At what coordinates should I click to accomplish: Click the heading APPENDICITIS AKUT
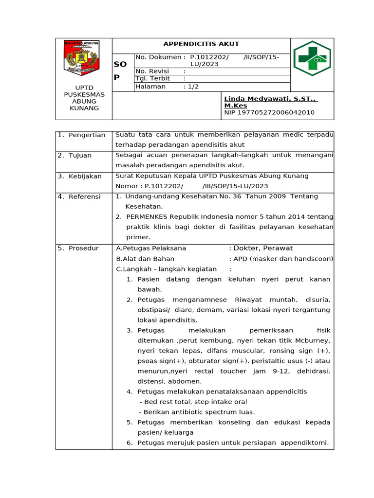pyautogui.click(x=201, y=44)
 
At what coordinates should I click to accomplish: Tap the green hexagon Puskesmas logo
pyautogui.click(x=312, y=58)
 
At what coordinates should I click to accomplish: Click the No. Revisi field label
pyautogui.click(x=152, y=71)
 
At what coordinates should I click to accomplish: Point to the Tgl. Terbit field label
pyautogui.click(x=153, y=78)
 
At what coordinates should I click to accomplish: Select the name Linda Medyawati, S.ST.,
pyautogui.click(x=270, y=99)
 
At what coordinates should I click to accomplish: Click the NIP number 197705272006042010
pyautogui.click(x=269, y=112)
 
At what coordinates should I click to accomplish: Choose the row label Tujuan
pyautogui.click(x=80, y=155)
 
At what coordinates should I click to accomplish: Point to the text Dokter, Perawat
pyautogui.click(x=263, y=248)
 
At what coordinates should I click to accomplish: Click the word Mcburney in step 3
pyautogui.click(x=312, y=340)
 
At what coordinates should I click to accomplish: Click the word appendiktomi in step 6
pyautogui.click(x=305, y=443)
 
